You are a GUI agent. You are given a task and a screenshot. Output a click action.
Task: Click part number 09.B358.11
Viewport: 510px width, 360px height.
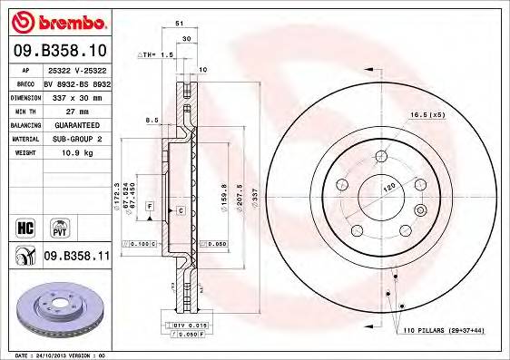(76, 257)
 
